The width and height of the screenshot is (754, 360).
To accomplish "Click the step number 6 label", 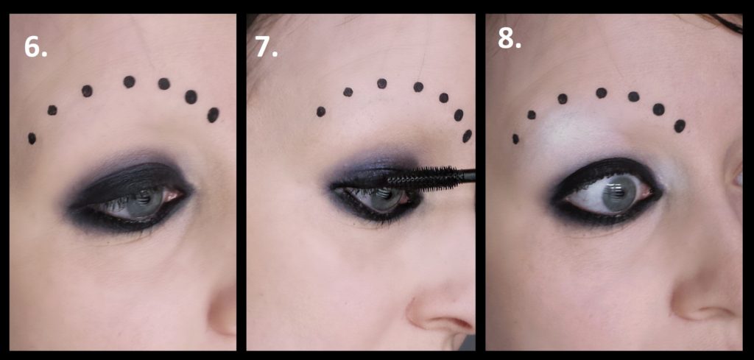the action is pyautogui.click(x=35, y=48).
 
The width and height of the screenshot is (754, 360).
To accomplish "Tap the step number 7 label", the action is pyautogui.click(x=267, y=48).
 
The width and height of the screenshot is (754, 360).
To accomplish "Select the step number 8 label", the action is pyautogui.click(x=510, y=39).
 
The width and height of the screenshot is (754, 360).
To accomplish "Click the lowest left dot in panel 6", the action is pyautogui.click(x=32, y=138).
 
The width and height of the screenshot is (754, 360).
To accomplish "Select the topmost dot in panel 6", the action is pyautogui.click(x=129, y=82).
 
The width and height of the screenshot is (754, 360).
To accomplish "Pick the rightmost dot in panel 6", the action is pyautogui.click(x=213, y=115).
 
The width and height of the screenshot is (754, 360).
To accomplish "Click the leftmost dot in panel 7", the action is pyautogui.click(x=321, y=111).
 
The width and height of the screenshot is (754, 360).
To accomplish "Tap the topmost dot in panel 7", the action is pyautogui.click(x=382, y=84).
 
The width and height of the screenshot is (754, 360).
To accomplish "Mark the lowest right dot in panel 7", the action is pyautogui.click(x=467, y=136).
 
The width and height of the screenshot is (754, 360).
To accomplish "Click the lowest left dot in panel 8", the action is pyautogui.click(x=515, y=139).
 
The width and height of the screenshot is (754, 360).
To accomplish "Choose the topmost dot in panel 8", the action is pyautogui.click(x=601, y=93).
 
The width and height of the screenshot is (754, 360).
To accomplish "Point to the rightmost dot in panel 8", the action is pyautogui.click(x=680, y=126).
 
